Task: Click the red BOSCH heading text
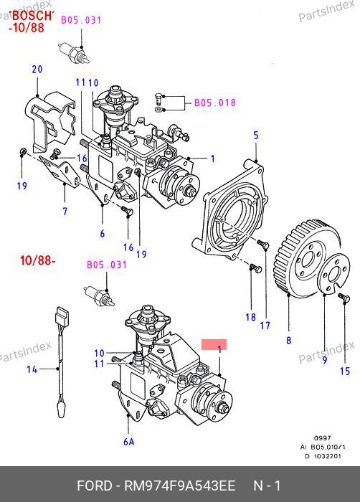pos(32,16)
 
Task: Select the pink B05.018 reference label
pos(215,103)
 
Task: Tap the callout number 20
pos(37,69)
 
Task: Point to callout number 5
pos(256,136)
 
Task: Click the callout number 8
pos(288,341)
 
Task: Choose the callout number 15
pos(345,371)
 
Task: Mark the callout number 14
pos(32,369)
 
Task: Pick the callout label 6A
pos(129,442)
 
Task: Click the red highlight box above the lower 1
pos(214,344)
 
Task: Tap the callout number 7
pos(65,212)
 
